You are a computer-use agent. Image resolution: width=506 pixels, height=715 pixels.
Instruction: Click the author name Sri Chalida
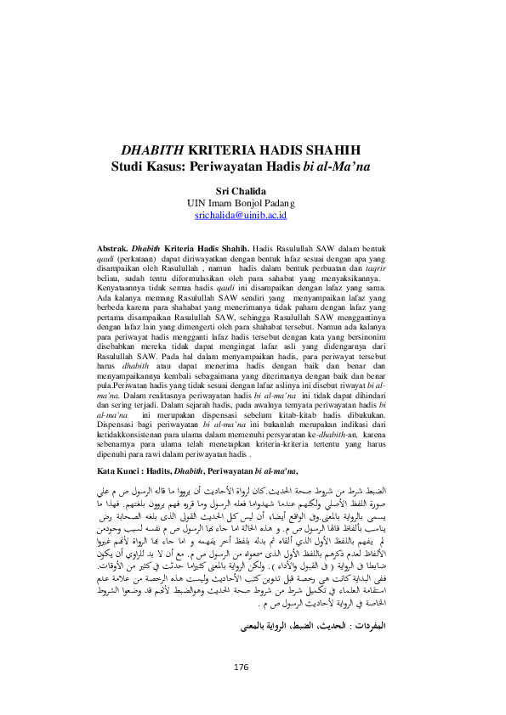pos(253,191)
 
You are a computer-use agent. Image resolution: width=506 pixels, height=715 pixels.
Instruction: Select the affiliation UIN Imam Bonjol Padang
pos(253,204)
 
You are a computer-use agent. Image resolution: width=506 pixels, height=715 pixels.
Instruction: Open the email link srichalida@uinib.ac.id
pos(253,217)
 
